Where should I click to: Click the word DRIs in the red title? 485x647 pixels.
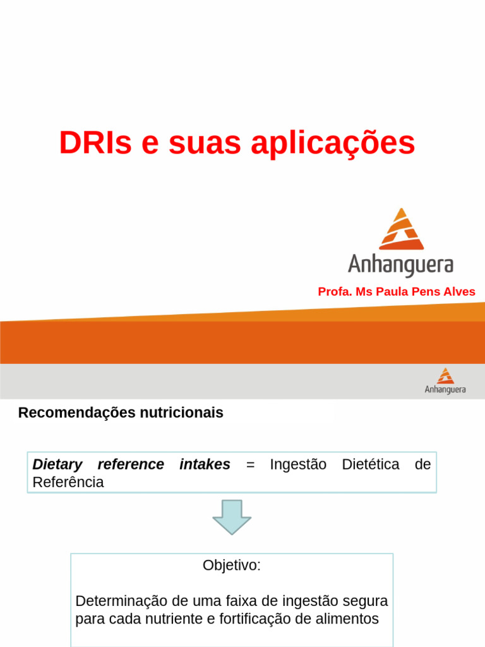95,143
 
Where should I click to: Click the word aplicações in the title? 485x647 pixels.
333,144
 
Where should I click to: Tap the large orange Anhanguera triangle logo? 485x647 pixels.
400,229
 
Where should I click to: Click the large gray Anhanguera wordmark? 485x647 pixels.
400,264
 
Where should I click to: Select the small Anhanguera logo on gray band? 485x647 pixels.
445,381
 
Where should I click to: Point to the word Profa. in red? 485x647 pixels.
335,292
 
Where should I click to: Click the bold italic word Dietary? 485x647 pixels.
57,464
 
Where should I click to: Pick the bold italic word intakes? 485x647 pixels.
205,464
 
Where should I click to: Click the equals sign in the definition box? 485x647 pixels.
250,464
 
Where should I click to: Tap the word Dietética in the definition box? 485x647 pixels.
370,464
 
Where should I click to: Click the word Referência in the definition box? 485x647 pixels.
68,483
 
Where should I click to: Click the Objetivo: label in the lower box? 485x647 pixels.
231,565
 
